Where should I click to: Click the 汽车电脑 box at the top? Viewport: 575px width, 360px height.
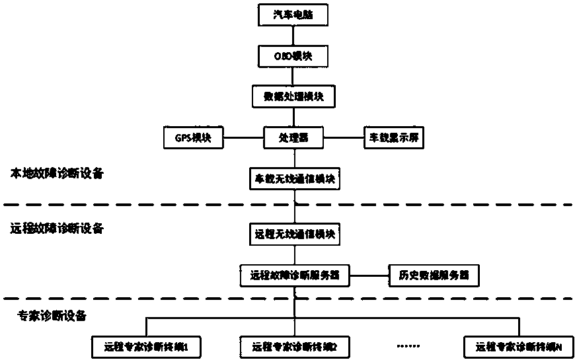click(294, 16)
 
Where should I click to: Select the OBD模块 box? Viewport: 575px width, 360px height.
click(294, 57)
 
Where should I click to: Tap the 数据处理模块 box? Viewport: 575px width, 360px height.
click(294, 97)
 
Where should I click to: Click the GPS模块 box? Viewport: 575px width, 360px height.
click(192, 139)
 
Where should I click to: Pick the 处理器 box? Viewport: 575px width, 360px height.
click(294, 139)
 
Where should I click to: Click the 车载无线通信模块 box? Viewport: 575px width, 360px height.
click(294, 178)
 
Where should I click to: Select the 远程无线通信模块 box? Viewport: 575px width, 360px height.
click(294, 233)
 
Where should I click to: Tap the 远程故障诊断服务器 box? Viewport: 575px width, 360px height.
click(294, 275)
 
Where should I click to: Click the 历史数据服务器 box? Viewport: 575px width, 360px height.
click(432, 275)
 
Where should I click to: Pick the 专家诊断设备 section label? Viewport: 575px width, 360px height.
click(52, 316)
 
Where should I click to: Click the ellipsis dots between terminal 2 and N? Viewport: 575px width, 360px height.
click(405, 345)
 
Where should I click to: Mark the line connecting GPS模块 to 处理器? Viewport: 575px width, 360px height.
click(243, 139)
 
